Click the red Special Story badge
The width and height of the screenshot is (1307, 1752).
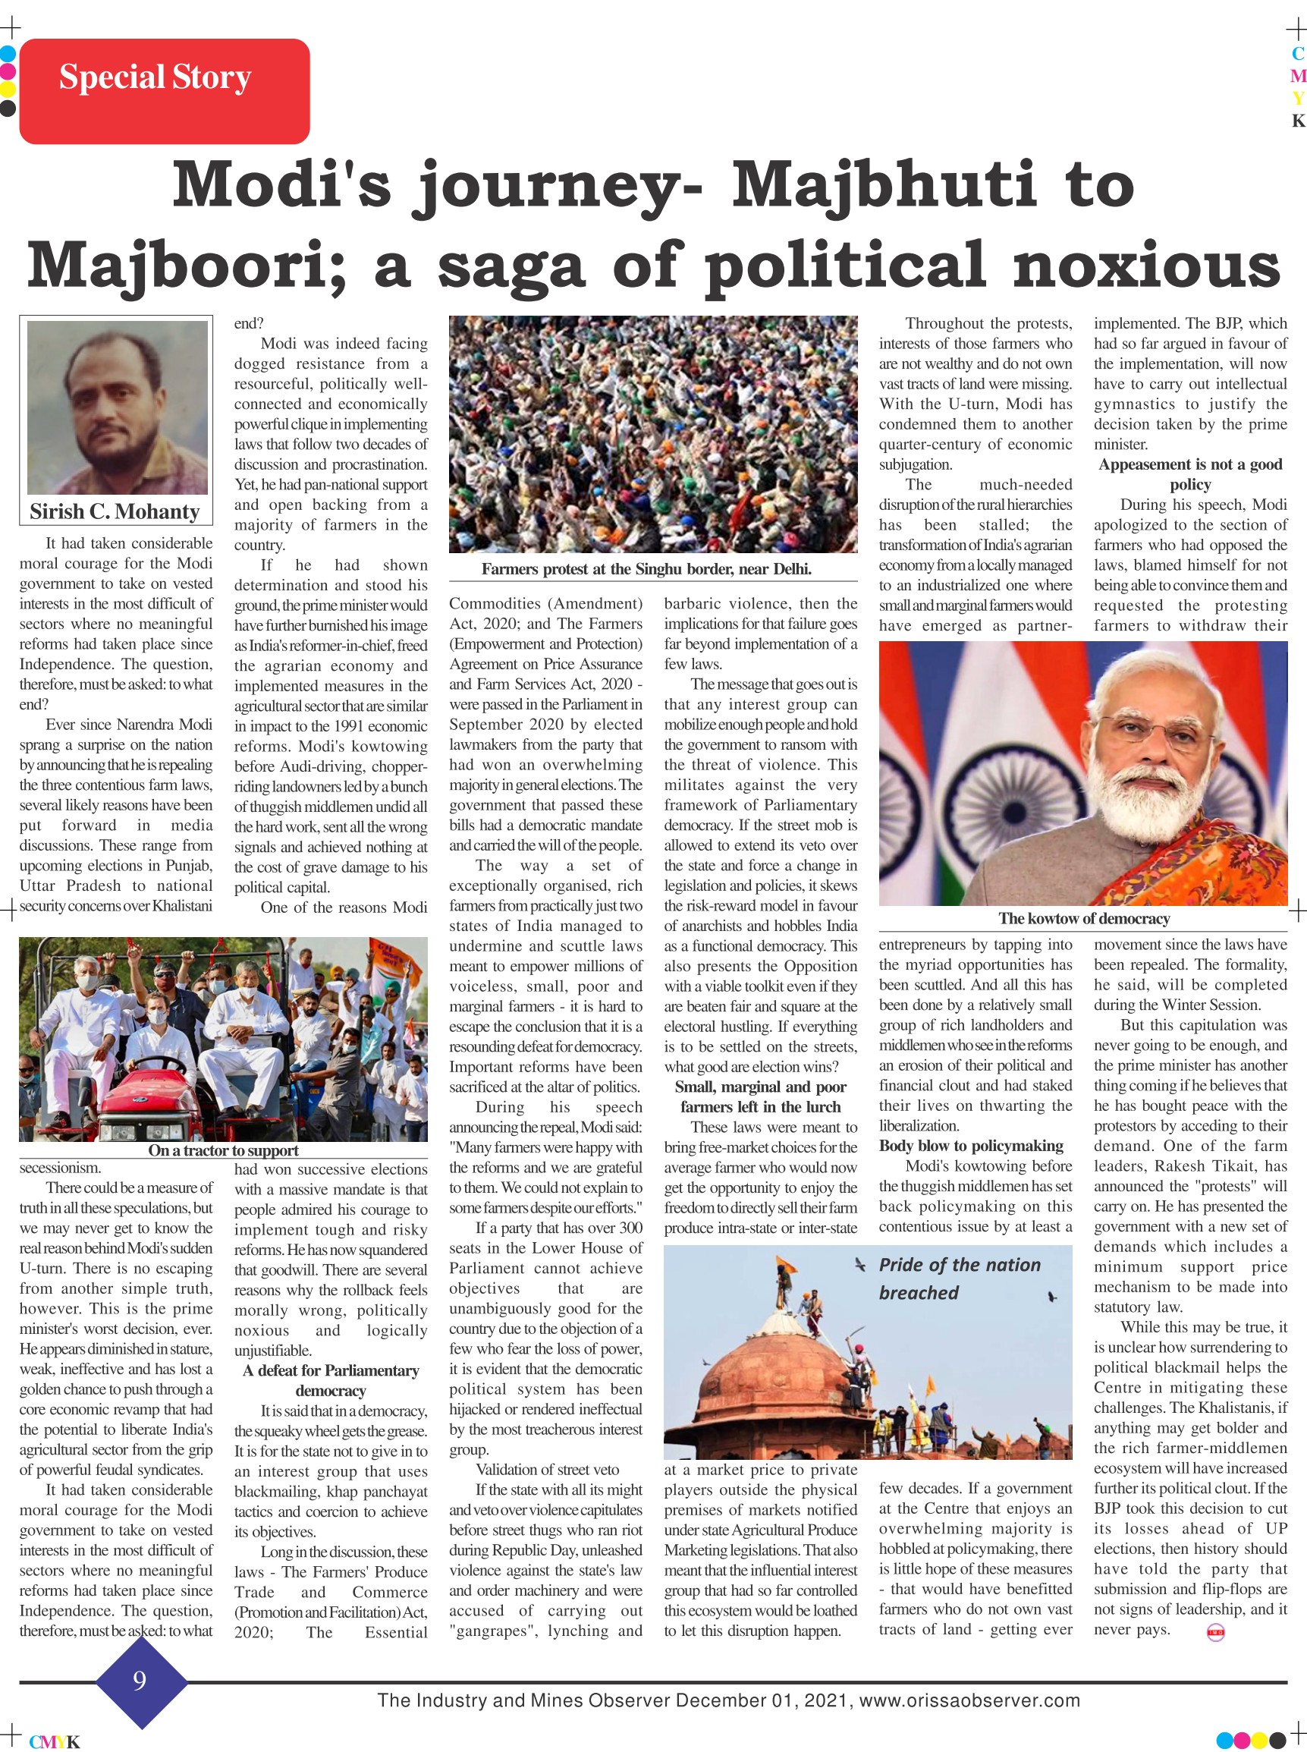click(x=164, y=90)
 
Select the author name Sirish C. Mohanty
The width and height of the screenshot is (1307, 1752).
click(x=115, y=512)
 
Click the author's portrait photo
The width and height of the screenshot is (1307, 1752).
click(x=117, y=407)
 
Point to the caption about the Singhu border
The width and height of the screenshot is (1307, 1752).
click(x=646, y=569)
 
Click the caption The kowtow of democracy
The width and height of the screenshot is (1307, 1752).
click(x=1083, y=918)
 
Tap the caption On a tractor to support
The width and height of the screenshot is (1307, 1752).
click(x=223, y=1150)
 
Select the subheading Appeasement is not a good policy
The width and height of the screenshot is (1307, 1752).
click(x=1189, y=474)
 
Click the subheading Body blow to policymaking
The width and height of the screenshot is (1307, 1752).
click(x=971, y=1145)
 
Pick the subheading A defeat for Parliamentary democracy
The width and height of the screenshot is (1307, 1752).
click(x=331, y=1380)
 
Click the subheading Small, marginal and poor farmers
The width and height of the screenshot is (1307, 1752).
click(x=759, y=1096)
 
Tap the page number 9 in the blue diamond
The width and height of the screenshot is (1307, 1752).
click(x=140, y=1680)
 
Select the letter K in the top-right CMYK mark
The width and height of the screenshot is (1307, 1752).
click(x=1297, y=121)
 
